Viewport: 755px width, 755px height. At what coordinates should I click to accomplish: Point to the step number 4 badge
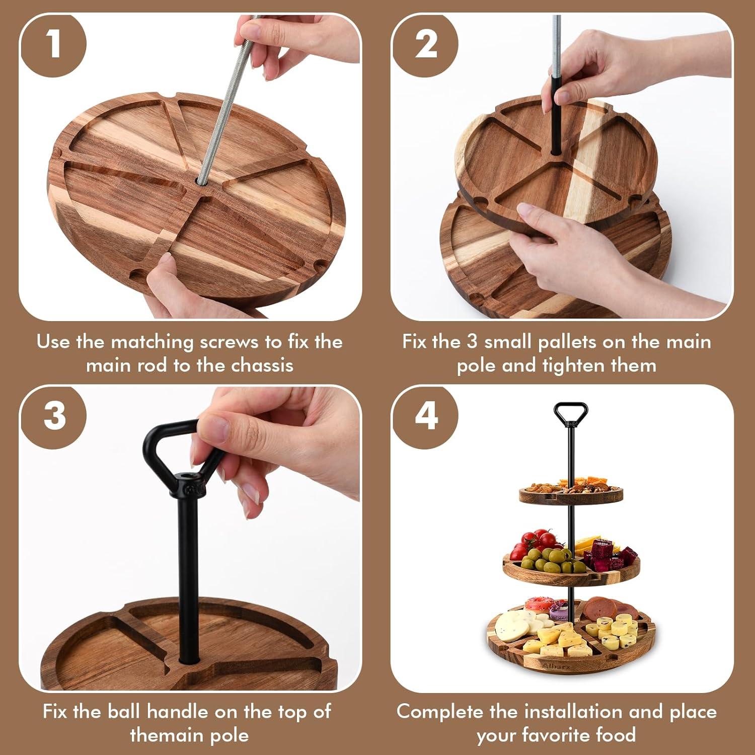point(425,416)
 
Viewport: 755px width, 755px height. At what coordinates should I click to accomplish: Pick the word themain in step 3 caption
point(161,735)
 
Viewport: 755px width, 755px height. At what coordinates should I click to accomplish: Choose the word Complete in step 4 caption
point(440,712)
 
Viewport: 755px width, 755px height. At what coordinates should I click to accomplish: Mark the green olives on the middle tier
point(548,557)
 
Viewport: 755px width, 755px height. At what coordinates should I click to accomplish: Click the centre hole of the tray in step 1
point(200,182)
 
